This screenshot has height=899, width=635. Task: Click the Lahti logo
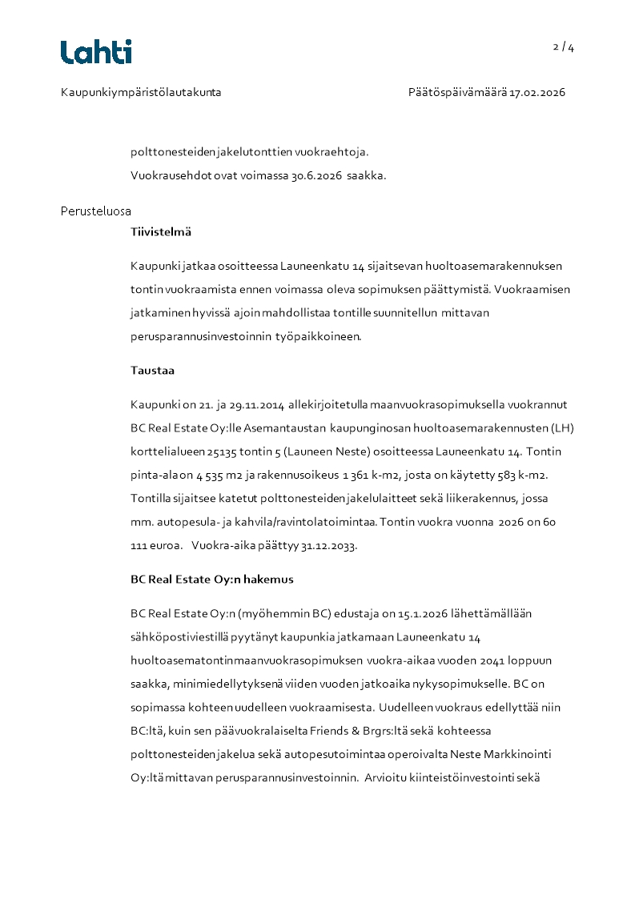pos(96,52)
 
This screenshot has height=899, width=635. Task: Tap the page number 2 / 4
pos(564,47)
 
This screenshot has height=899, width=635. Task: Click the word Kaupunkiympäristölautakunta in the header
pos(141,93)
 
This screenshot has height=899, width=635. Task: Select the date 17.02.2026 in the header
pos(537,93)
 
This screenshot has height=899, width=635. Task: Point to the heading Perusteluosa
pos(96,211)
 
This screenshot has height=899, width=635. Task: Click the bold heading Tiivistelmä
pos(161,232)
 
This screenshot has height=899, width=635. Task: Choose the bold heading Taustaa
pos(152,371)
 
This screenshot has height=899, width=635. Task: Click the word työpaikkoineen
pos(322,337)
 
